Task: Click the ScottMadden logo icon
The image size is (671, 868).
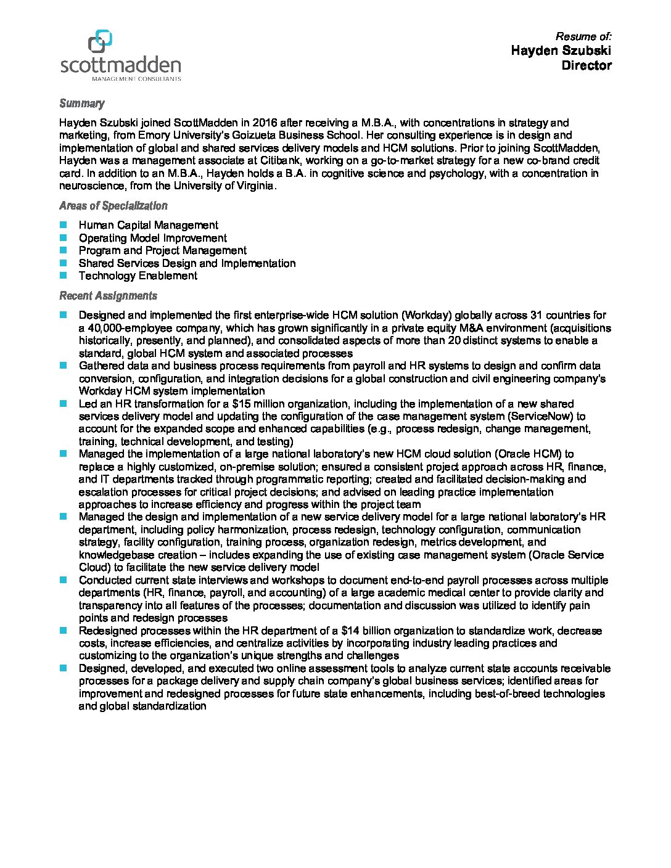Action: click(101, 42)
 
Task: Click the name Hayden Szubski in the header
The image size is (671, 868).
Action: click(561, 51)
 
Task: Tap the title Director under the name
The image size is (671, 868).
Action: click(586, 65)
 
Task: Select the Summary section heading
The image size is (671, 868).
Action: click(81, 104)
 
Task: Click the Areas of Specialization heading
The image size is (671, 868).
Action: click(113, 206)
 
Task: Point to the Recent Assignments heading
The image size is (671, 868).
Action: click(108, 296)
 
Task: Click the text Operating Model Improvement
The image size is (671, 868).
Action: click(152, 238)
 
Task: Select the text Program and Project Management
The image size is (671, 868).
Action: click(162, 250)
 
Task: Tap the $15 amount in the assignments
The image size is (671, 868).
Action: click(245, 404)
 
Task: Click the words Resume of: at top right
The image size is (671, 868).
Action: click(583, 36)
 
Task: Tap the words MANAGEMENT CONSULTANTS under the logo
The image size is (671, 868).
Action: click(136, 79)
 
